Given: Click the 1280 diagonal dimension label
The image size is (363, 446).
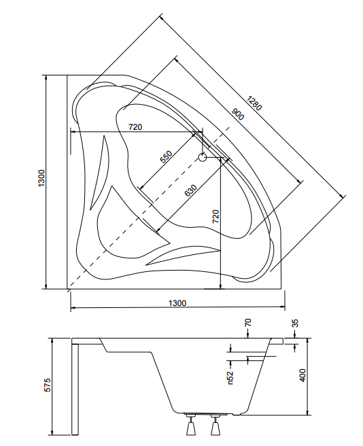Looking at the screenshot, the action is [254, 103].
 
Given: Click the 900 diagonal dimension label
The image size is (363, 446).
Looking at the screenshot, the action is [237, 114].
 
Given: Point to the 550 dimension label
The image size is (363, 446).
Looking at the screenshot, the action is [166, 157].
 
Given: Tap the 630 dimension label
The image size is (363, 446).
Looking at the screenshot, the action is [190, 190].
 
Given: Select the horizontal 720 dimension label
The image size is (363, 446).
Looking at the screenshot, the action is [135, 127].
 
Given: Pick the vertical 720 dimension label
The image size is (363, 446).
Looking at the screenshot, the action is [216, 216].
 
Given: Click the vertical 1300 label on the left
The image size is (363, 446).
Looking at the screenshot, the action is [41, 178].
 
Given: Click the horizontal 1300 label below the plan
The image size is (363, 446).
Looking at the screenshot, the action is [177, 303].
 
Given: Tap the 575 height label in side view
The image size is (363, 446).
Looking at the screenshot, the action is [48, 385].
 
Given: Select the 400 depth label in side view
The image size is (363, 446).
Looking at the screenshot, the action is [302, 375].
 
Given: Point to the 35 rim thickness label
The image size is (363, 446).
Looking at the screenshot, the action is [295, 324].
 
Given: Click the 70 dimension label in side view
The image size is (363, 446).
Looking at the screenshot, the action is [248, 322].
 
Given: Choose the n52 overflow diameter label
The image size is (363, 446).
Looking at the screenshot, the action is [230, 378].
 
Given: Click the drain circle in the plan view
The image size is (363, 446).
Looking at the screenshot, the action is [203, 157].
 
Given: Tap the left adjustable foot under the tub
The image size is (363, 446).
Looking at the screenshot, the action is [190, 426].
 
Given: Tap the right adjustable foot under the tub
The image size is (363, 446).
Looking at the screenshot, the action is [215, 426].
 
